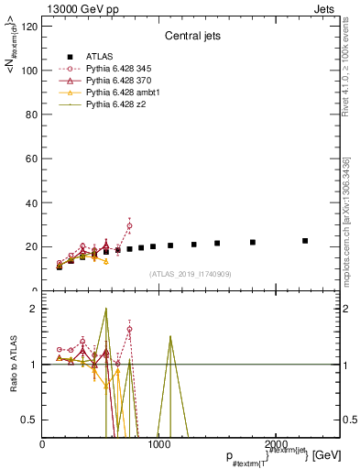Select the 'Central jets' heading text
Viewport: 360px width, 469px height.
(191, 38)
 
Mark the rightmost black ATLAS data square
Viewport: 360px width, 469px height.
(305, 241)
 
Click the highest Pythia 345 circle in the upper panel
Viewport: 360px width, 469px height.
(129, 225)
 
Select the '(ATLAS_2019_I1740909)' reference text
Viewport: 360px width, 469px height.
(190, 274)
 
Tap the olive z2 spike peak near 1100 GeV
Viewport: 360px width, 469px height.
(170, 336)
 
